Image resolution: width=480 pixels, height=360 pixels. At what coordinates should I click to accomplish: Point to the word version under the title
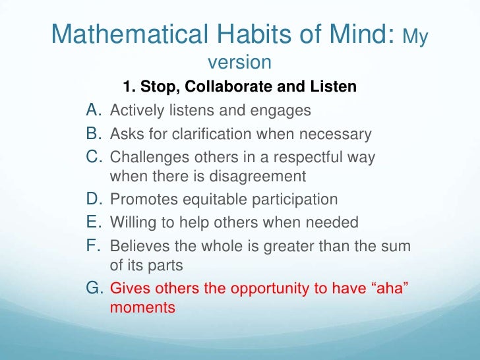click(x=239, y=63)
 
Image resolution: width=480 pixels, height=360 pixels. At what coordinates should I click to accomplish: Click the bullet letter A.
click(x=95, y=110)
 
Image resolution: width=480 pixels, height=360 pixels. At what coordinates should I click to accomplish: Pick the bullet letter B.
click(x=95, y=135)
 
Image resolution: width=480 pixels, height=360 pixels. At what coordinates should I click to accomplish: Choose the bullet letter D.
click(x=95, y=199)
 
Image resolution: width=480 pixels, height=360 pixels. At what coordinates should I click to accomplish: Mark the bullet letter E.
click(x=95, y=222)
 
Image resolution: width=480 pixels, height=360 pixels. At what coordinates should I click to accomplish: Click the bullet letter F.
click(x=95, y=247)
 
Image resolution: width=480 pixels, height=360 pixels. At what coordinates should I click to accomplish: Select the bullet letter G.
click(x=96, y=288)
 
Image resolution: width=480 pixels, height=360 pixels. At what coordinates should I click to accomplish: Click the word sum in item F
click(x=397, y=247)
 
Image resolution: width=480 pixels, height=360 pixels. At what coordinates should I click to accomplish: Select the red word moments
click(x=142, y=307)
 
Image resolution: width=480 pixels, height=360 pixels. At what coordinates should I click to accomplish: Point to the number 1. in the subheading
click(x=129, y=87)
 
